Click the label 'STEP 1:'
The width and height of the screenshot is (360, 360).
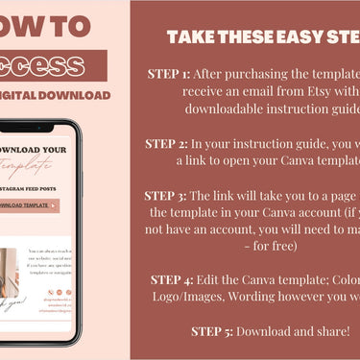170,74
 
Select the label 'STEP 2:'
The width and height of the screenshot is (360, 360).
168,144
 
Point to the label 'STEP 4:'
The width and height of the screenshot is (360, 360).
175,279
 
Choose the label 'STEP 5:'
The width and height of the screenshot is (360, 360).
214,332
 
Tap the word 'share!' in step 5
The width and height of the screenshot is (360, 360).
330,332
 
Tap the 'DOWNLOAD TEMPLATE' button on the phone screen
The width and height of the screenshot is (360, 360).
26,205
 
